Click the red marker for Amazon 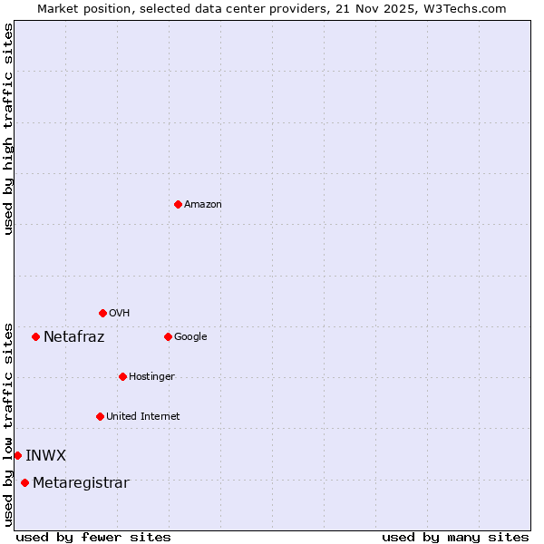point(178,204)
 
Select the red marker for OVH point(102,313)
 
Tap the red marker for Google point(168,336)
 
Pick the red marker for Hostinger point(122,376)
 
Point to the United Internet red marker point(100,416)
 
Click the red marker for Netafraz point(35,336)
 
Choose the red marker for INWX point(17,455)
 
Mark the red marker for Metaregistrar point(24,482)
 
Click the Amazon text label point(203,205)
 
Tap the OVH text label point(120,314)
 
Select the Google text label point(190,337)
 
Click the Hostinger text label point(151,377)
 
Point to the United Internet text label point(143,417)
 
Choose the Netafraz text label point(74,337)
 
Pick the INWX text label point(46,456)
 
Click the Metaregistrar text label point(81,483)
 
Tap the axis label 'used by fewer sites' point(93,537)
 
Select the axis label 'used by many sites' point(455,537)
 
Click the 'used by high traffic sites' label point(8,129)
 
